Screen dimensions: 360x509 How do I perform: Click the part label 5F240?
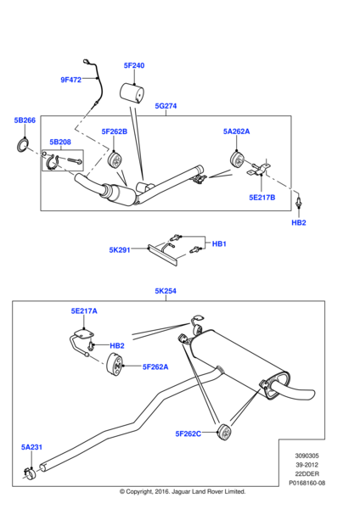[x=134, y=65]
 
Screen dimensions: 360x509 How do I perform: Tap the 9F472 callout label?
[x=70, y=80]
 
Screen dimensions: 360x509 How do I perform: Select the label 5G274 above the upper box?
[x=166, y=106]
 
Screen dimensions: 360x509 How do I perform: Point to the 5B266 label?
[x=25, y=120]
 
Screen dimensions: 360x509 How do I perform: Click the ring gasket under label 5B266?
[x=22, y=145]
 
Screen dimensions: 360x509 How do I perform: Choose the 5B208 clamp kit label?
[x=60, y=142]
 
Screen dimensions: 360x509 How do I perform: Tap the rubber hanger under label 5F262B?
[x=115, y=160]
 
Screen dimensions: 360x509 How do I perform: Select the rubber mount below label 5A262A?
[x=237, y=159]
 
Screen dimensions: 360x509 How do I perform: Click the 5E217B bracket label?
[x=262, y=198]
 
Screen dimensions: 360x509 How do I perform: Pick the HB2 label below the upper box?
[x=299, y=222]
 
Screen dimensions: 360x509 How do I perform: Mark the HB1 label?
[x=219, y=243]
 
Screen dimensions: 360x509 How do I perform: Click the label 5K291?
[x=120, y=250]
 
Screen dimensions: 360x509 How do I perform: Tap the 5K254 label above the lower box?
[x=166, y=291]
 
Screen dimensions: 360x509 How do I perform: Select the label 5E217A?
[x=84, y=311]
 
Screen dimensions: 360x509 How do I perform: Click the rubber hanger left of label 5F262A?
[x=115, y=365]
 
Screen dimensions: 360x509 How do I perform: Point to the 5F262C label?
[x=188, y=433]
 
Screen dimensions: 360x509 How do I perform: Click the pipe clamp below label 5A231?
[x=30, y=473]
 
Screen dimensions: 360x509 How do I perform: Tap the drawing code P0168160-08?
[x=307, y=483]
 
